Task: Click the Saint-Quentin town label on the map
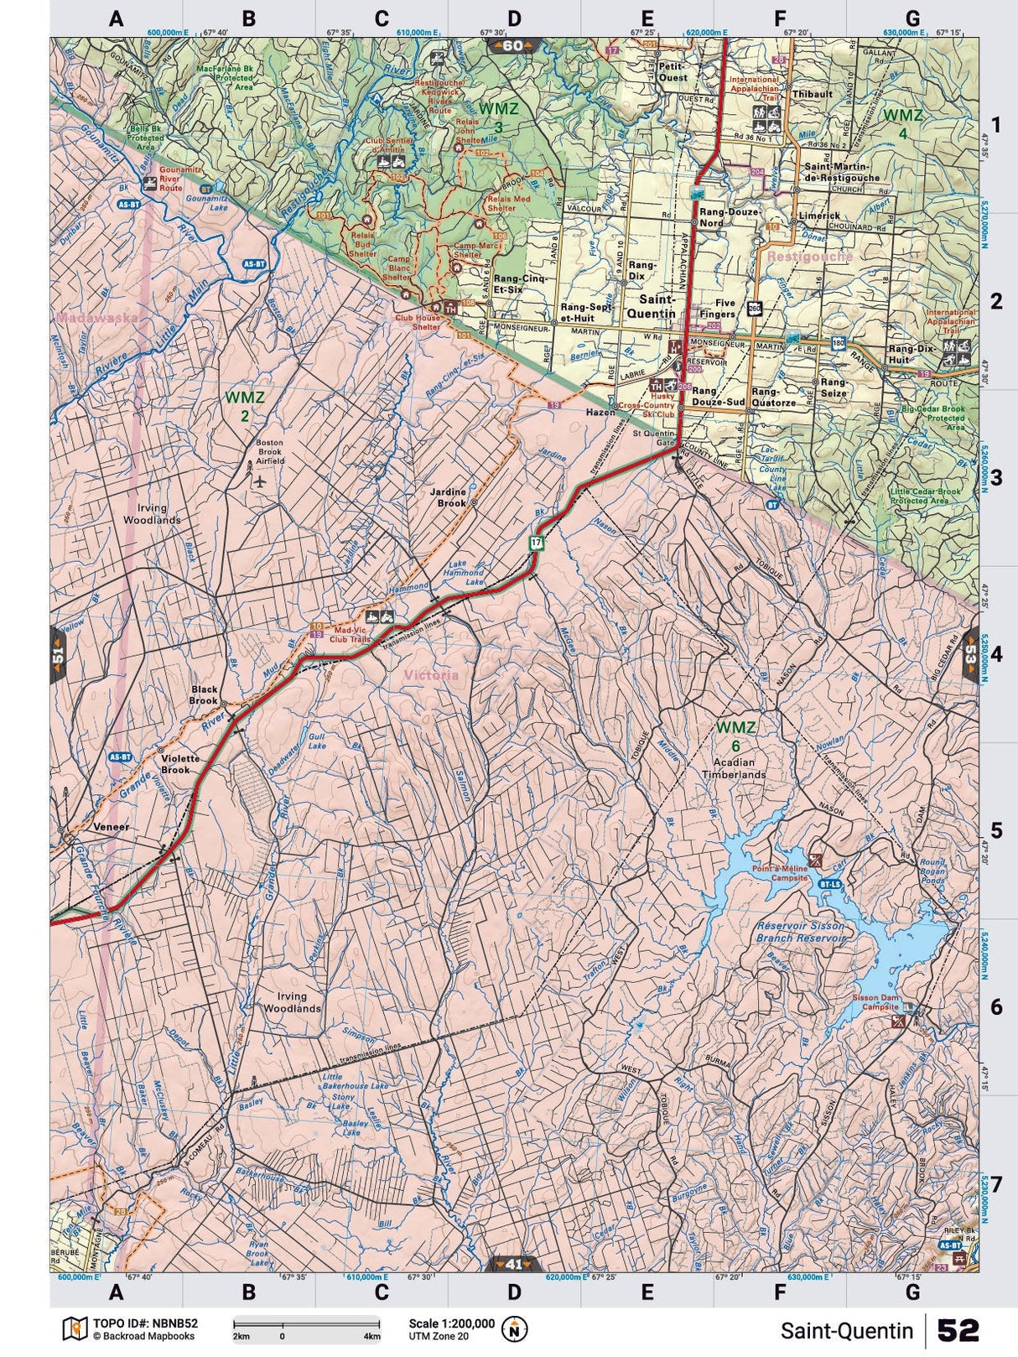point(657,305)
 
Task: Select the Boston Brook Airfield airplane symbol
point(258,481)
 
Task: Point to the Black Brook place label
point(203,694)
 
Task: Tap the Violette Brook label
point(175,763)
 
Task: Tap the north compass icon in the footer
point(514,1328)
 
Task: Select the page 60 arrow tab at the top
point(513,45)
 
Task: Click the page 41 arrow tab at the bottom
point(513,1264)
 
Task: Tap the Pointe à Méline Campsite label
point(779,872)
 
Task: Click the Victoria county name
point(430,675)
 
